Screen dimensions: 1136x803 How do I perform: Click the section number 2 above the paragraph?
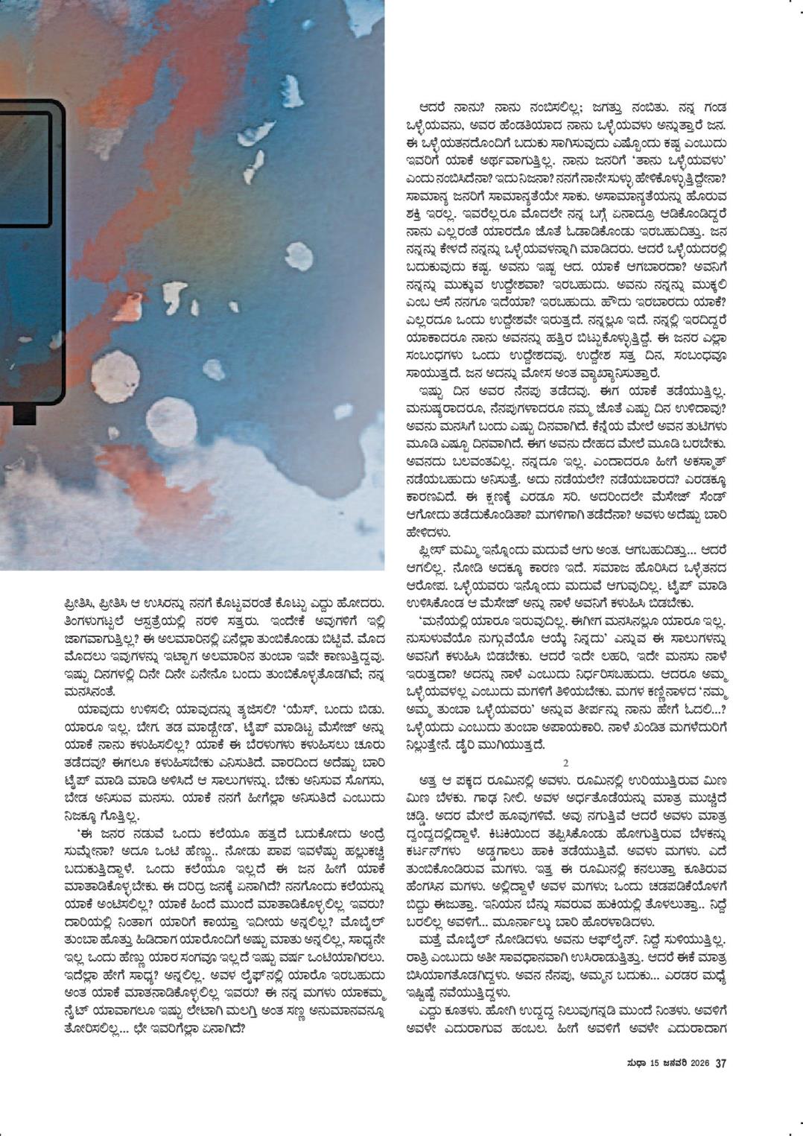pos(566,762)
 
